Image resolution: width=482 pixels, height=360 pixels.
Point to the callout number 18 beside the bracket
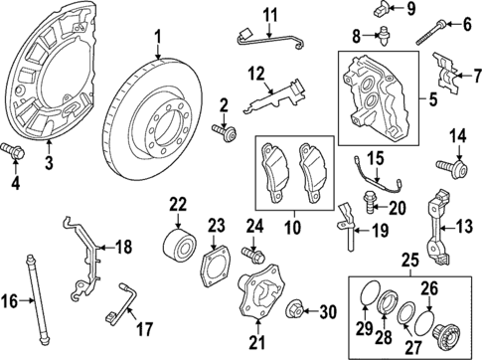[x=123, y=248]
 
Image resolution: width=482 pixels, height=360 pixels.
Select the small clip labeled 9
[x=382, y=11]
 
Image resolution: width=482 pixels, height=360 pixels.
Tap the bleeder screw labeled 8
[x=381, y=36]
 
